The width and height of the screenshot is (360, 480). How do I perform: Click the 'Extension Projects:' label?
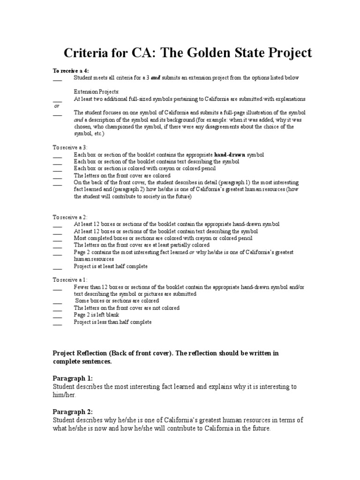pyautogui.click(x=97, y=91)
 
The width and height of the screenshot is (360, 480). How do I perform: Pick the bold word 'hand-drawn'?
pyautogui.click(x=229, y=154)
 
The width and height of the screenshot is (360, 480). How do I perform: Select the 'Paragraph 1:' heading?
pyautogui.click(x=73, y=378)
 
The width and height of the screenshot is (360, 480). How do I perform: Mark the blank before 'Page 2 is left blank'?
pyautogui.click(x=57, y=316)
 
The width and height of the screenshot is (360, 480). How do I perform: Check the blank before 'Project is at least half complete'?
pyautogui.click(x=57, y=267)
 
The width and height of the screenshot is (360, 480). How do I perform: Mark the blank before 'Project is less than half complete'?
pyautogui.click(x=57, y=323)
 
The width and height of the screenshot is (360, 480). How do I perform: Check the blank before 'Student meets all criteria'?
pyautogui.click(x=57, y=78)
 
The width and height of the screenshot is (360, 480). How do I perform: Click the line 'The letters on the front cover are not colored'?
pyautogui.click(x=127, y=308)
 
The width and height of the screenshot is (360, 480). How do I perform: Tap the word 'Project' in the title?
pyautogui.click(x=286, y=53)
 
